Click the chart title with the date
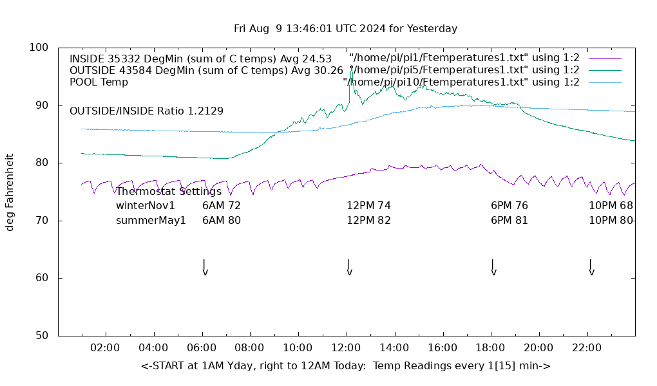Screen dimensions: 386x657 click(x=345, y=28)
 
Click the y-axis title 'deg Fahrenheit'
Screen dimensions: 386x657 click(x=10, y=192)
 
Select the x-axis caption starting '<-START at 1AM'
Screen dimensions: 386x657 click(x=345, y=366)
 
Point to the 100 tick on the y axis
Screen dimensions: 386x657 click(x=39, y=48)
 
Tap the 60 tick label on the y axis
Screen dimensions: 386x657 click(x=42, y=278)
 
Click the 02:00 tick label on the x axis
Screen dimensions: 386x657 click(x=105, y=348)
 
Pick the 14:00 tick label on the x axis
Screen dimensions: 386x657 click(x=394, y=348)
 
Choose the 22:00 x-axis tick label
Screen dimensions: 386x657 click(x=587, y=348)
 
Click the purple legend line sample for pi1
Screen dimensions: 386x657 click(x=605, y=58)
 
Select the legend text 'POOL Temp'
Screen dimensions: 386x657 click(x=99, y=82)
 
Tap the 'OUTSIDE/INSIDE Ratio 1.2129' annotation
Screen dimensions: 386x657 click(x=146, y=111)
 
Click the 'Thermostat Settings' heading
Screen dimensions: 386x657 click(x=169, y=191)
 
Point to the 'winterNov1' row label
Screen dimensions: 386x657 click(x=146, y=206)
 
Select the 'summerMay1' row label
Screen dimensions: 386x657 click(x=151, y=220)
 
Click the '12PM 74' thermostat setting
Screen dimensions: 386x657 click(x=368, y=206)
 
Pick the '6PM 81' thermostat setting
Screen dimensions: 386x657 click(x=509, y=220)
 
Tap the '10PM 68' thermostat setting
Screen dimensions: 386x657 click(x=611, y=206)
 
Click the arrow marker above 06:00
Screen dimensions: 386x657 click(x=204, y=267)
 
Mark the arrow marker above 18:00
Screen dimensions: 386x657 click(x=493, y=267)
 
